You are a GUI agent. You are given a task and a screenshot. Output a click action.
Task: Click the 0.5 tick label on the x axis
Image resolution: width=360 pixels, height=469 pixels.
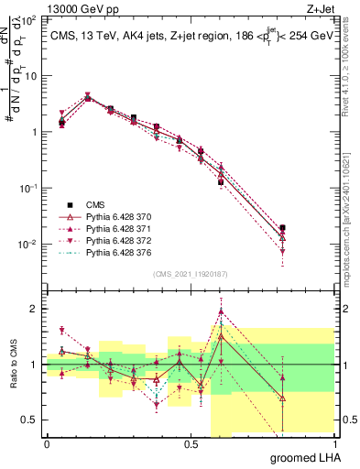[x=191, y=443]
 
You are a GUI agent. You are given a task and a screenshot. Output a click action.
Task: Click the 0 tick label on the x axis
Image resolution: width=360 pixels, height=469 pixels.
[x=47, y=443]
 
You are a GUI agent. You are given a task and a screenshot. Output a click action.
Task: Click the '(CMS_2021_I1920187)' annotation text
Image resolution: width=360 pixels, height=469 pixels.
[x=190, y=273]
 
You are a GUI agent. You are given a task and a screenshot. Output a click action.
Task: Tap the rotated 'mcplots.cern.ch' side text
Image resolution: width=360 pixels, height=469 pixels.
[x=351, y=211]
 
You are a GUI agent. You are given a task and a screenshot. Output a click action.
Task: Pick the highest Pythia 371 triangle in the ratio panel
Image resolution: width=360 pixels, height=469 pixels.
[x=221, y=311]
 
